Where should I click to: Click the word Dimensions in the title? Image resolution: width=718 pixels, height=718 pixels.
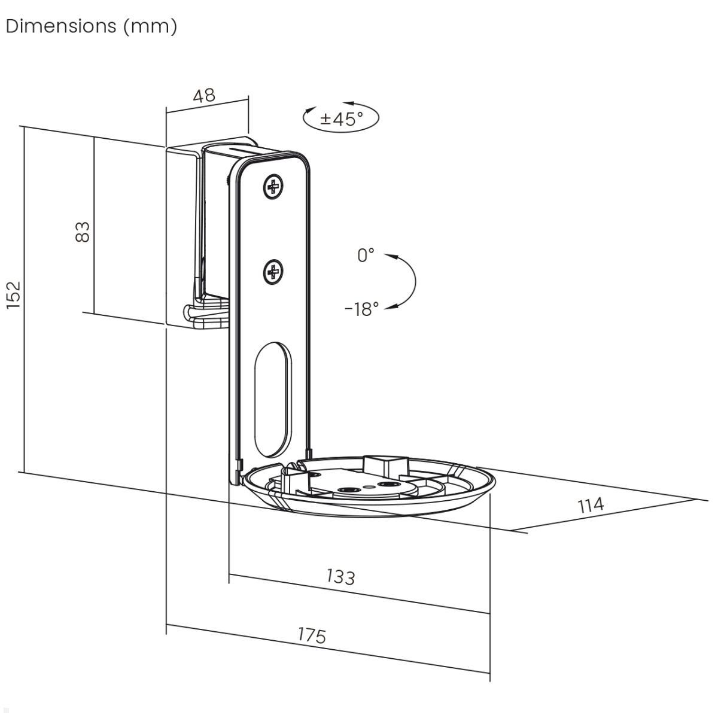[60, 26]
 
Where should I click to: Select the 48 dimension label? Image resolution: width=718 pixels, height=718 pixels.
[205, 96]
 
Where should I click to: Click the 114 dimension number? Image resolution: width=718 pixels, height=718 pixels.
[591, 506]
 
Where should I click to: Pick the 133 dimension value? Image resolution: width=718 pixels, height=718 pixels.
[341, 576]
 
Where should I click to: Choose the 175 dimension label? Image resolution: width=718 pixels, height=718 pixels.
[312, 635]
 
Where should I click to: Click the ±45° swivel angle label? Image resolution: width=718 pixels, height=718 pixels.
[341, 119]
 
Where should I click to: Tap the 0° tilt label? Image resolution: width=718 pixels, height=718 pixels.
[366, 255]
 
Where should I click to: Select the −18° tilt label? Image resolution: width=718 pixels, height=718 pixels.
[362, 309]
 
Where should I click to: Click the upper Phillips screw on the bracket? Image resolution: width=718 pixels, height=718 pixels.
[273, 188]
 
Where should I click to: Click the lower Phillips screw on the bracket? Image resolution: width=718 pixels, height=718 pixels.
[273, 273]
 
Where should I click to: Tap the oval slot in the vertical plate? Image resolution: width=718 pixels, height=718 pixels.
[272, 397]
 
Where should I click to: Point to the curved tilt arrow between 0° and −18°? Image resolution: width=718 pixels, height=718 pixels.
[413, 281]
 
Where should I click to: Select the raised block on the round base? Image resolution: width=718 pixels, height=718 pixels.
[384, 465]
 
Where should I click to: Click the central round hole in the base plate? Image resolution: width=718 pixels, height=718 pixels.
[346, 490]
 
